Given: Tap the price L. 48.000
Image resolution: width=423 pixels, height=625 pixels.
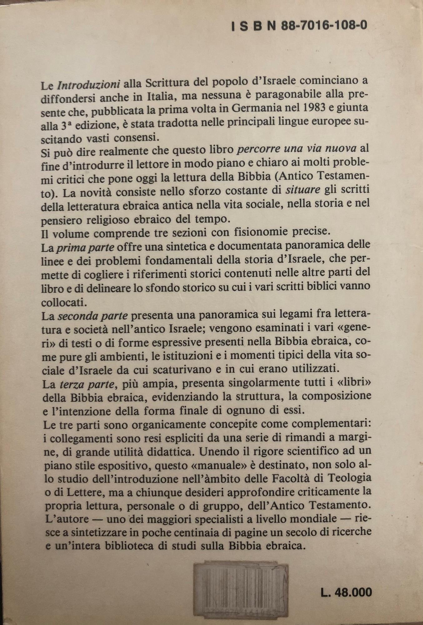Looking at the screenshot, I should [x=346, y=592].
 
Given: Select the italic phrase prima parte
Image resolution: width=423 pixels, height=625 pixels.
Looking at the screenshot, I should [x=85, y=248].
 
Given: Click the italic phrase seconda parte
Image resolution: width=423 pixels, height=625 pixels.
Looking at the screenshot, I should [x=93, y=316].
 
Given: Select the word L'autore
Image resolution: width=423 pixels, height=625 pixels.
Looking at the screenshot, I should [x=65, y=519].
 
